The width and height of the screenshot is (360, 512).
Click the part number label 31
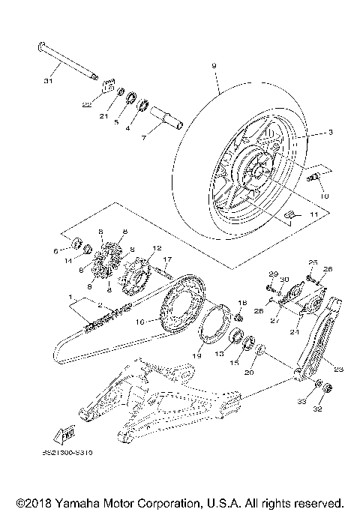(49, 80)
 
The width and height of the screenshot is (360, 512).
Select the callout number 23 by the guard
(337, 369)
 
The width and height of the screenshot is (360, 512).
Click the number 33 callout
(302, 403)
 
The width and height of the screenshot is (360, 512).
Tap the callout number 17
(169, 259)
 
